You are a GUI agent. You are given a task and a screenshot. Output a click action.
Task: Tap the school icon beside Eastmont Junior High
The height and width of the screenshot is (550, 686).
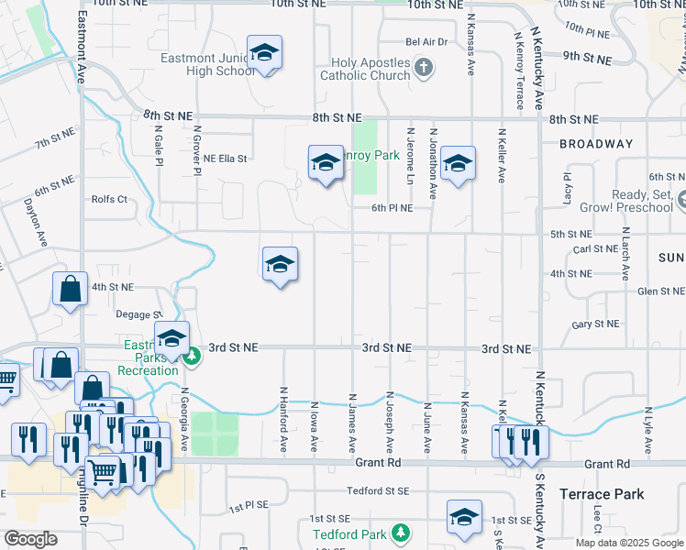pos(264,54)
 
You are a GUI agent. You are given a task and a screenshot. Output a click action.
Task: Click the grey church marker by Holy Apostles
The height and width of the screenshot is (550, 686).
pos(423,66)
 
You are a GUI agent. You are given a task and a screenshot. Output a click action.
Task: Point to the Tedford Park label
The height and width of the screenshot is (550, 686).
pos(349,533)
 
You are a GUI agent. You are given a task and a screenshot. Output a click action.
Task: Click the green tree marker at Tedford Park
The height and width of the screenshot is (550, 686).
pos(400,532)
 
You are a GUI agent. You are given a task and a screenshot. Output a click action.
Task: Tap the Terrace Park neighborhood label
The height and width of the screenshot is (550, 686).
pos(602,494)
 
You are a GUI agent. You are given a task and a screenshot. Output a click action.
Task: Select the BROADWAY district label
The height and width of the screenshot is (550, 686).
pos(596,144)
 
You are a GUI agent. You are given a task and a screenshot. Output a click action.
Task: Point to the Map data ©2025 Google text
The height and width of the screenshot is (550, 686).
pos(628,543)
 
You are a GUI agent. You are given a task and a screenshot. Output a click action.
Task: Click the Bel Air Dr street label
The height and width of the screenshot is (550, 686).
pos(426,42)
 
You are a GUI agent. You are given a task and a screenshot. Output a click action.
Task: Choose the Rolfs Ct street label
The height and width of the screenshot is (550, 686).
pos(109,199)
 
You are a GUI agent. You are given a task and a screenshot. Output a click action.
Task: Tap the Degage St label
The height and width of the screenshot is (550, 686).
pos(138,314)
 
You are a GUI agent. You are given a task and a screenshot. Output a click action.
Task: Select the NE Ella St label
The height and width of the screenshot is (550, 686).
pos(226,159)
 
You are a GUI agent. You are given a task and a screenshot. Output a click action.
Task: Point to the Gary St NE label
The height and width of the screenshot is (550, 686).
pos(595,324)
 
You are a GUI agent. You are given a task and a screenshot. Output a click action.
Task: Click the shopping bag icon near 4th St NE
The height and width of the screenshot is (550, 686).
pos(71,290)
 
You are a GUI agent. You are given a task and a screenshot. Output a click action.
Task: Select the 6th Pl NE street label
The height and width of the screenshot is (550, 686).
pos(392,208)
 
